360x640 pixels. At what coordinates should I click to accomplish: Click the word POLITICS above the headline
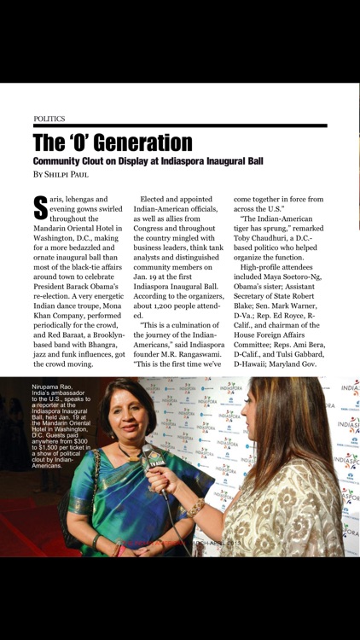[49, 119]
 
